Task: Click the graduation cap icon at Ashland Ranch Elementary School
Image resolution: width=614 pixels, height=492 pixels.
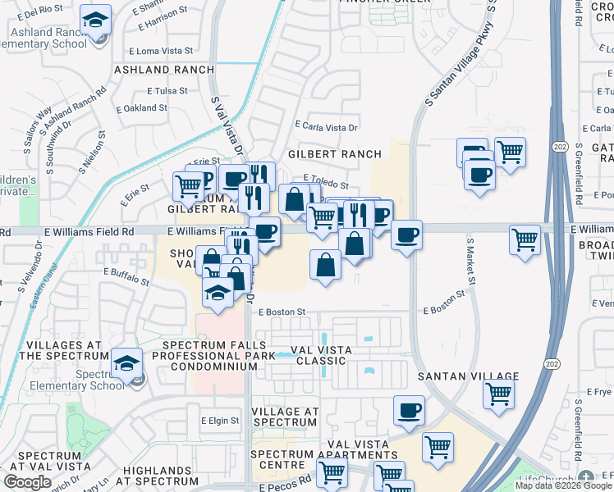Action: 98,20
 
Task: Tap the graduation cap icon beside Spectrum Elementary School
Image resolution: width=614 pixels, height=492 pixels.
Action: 126,362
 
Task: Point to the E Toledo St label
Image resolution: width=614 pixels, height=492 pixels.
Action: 326,177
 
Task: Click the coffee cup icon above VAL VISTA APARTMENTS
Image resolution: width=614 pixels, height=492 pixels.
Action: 409,411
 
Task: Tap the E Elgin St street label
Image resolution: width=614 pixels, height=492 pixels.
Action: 220,421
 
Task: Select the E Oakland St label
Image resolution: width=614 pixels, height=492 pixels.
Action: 142,107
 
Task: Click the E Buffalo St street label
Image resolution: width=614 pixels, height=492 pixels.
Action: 130,271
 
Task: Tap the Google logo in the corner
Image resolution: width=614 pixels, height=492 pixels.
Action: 27,482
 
